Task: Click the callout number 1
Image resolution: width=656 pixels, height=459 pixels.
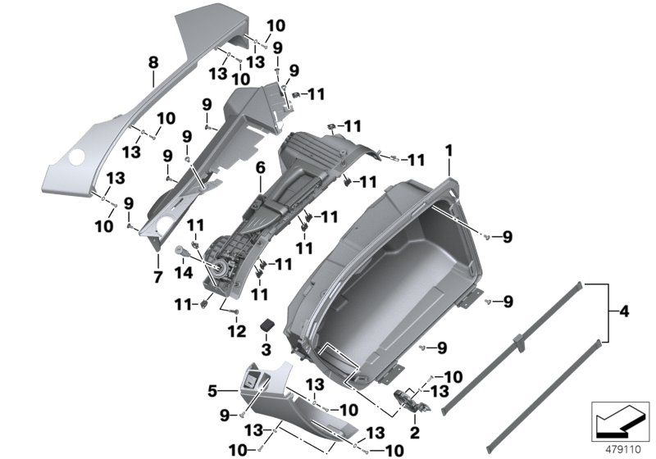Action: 449,149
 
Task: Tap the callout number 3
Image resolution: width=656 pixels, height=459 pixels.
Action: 265,350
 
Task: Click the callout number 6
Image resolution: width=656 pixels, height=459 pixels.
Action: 260,167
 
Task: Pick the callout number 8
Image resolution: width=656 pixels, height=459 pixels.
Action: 152,61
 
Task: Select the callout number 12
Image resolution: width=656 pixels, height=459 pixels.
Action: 236,332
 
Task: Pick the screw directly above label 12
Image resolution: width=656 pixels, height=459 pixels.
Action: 236,312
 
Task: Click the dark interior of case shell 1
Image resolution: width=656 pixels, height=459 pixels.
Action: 394,270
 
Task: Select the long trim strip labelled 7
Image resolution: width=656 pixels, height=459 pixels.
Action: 197,164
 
